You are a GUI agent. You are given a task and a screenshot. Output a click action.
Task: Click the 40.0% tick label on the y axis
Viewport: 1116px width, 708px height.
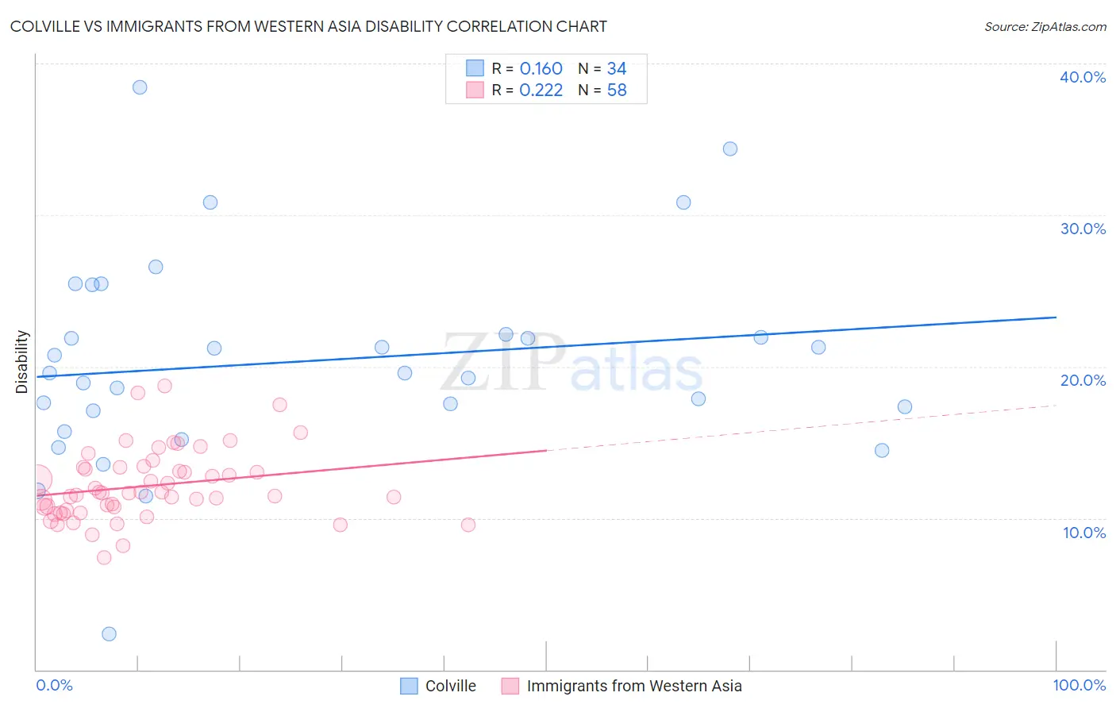point(1083,77)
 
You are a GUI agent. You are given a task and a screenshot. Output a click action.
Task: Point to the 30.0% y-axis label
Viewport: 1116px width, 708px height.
point(1083,229)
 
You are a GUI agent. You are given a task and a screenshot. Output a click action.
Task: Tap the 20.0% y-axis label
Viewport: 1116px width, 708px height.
point(1083,380)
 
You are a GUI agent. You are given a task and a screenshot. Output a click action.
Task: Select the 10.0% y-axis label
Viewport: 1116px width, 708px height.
point(1084,533)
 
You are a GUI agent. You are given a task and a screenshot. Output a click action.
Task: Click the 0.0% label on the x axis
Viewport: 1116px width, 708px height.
point(54,685)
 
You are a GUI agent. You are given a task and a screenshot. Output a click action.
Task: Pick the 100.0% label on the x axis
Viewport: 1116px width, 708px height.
point(1079,685)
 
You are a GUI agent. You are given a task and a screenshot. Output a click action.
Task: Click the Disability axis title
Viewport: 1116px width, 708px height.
point(22,362)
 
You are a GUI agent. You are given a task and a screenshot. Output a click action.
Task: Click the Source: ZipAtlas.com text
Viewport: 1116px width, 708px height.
point(1045,27)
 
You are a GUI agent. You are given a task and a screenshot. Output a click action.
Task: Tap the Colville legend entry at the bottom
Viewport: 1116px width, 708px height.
point(450,686)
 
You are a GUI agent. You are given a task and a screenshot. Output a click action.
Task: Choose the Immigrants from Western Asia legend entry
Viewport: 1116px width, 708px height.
point(633,686)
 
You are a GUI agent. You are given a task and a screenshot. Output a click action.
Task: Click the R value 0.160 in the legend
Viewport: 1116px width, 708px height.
point(541,69)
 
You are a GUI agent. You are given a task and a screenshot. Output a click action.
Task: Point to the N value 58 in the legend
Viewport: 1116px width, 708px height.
point(617,90)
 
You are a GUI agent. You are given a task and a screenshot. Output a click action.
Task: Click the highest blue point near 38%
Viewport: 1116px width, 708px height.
point(140,87)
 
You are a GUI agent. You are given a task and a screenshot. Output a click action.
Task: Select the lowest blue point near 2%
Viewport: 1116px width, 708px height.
point(110,633)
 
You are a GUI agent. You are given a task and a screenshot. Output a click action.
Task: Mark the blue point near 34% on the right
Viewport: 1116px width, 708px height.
point(730,148)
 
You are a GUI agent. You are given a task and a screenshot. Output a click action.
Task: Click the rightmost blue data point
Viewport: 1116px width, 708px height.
point(905,406)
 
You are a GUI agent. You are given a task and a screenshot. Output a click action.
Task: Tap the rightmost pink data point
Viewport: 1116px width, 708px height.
point(468,525)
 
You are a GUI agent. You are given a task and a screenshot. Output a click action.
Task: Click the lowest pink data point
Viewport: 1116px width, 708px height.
point(104,557)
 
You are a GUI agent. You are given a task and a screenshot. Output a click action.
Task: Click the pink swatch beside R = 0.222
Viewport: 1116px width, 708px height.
point(475,90)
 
